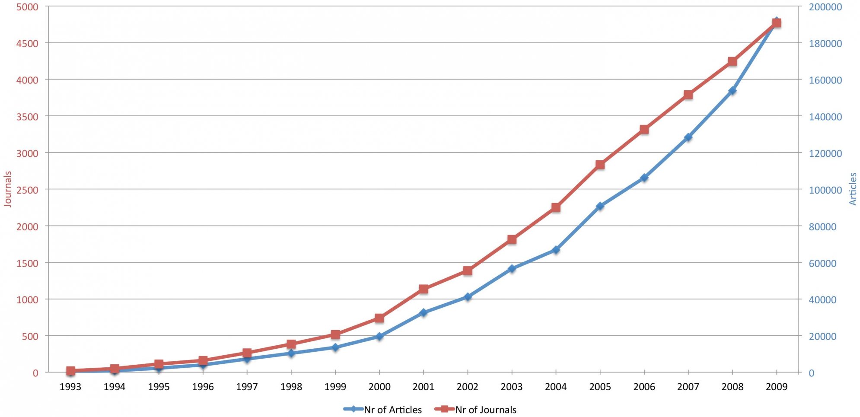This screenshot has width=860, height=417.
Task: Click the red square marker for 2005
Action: point(600,165)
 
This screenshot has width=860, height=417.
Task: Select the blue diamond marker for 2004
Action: point(556,250)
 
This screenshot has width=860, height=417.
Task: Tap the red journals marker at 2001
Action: point(424,289)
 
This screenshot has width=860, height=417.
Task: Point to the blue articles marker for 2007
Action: point(688,137)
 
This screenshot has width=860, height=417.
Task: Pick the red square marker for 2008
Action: point(732,61)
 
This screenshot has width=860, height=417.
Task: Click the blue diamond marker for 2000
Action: point(379,336)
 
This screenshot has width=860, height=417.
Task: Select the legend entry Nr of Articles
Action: point(383,409)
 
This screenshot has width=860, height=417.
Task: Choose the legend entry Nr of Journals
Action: point(476,409)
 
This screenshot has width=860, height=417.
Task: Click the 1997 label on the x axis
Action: point(247,387)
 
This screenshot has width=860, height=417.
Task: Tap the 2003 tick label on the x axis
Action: point(512,387)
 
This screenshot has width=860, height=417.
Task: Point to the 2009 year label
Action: point(776,387)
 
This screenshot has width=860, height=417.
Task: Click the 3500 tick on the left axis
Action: point(27,117)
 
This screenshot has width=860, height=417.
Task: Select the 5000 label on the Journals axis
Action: point(27,7)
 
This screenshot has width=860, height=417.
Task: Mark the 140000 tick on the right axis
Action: point(825,117)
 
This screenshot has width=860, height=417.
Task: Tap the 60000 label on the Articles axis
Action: point(822,263)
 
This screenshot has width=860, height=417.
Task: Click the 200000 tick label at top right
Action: point(825,7)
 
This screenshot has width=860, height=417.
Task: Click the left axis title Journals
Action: point(7,189)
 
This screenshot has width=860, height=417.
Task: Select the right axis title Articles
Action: point(853,189)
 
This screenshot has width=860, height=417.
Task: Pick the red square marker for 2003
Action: point(512,239)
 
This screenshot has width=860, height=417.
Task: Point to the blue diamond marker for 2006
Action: point(644,178)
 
